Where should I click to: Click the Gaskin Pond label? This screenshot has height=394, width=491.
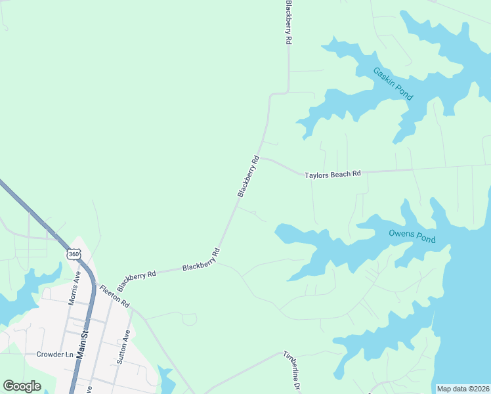393,83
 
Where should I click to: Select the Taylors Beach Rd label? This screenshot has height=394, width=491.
333,175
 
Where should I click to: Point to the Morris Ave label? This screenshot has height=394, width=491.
74,288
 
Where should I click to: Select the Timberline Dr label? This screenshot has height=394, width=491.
291,371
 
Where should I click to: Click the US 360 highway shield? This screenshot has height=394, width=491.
73,253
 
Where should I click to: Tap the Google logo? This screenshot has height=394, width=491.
22,386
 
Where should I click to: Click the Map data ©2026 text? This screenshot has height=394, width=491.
463,389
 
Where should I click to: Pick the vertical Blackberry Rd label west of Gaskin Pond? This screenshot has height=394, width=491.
288,22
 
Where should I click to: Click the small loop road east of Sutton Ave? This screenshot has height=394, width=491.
189,319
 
